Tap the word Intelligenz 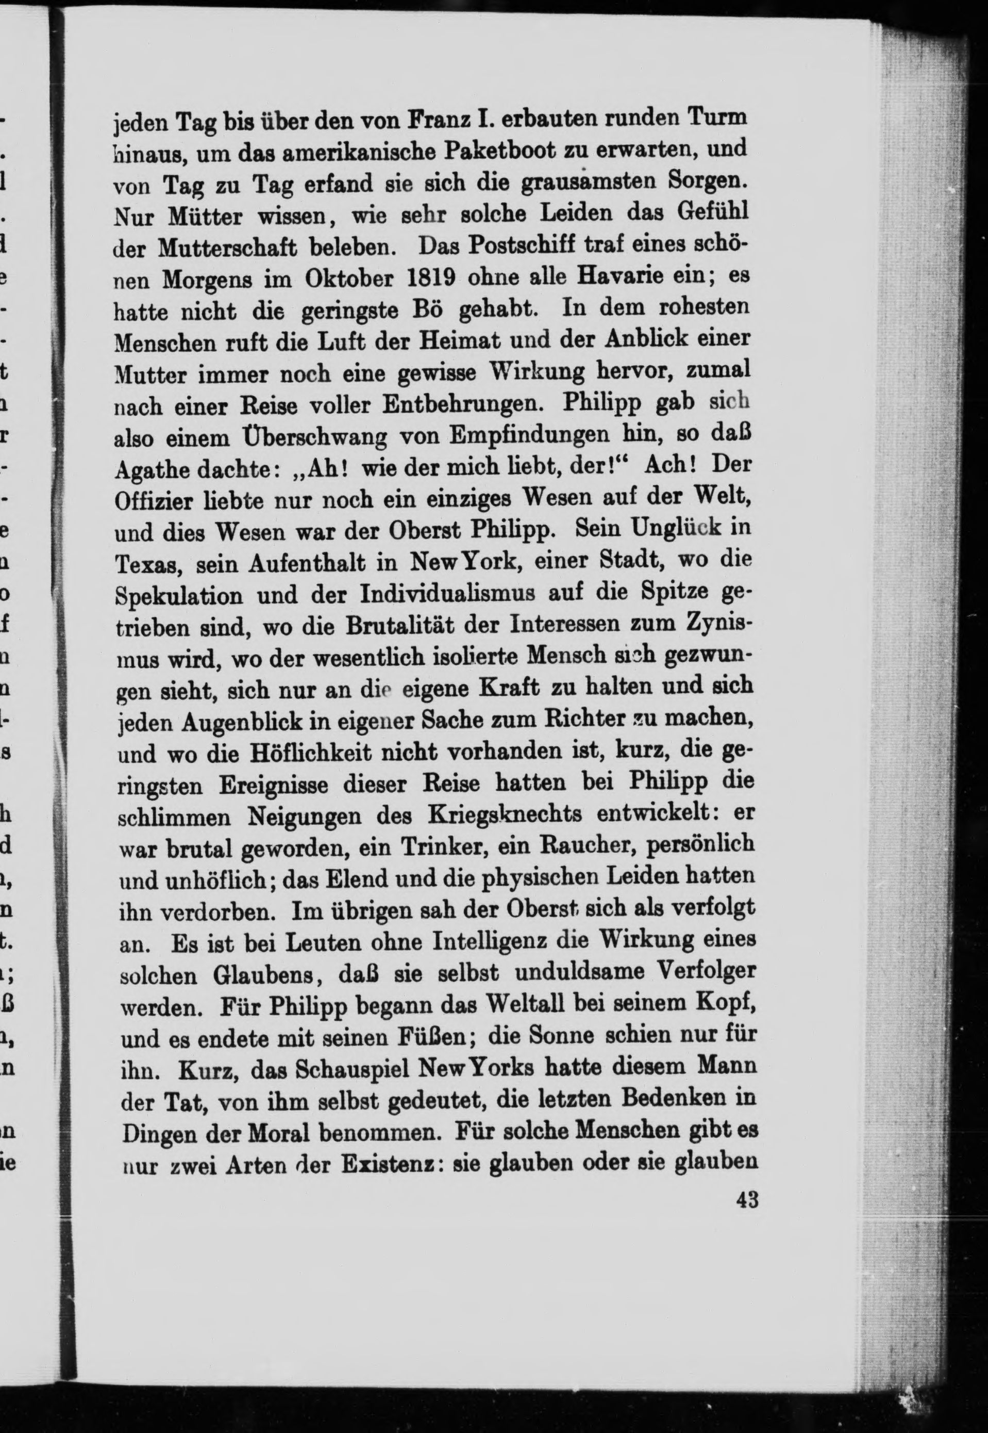click(x=489, y=942)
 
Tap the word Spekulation click(x=179, y=596)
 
